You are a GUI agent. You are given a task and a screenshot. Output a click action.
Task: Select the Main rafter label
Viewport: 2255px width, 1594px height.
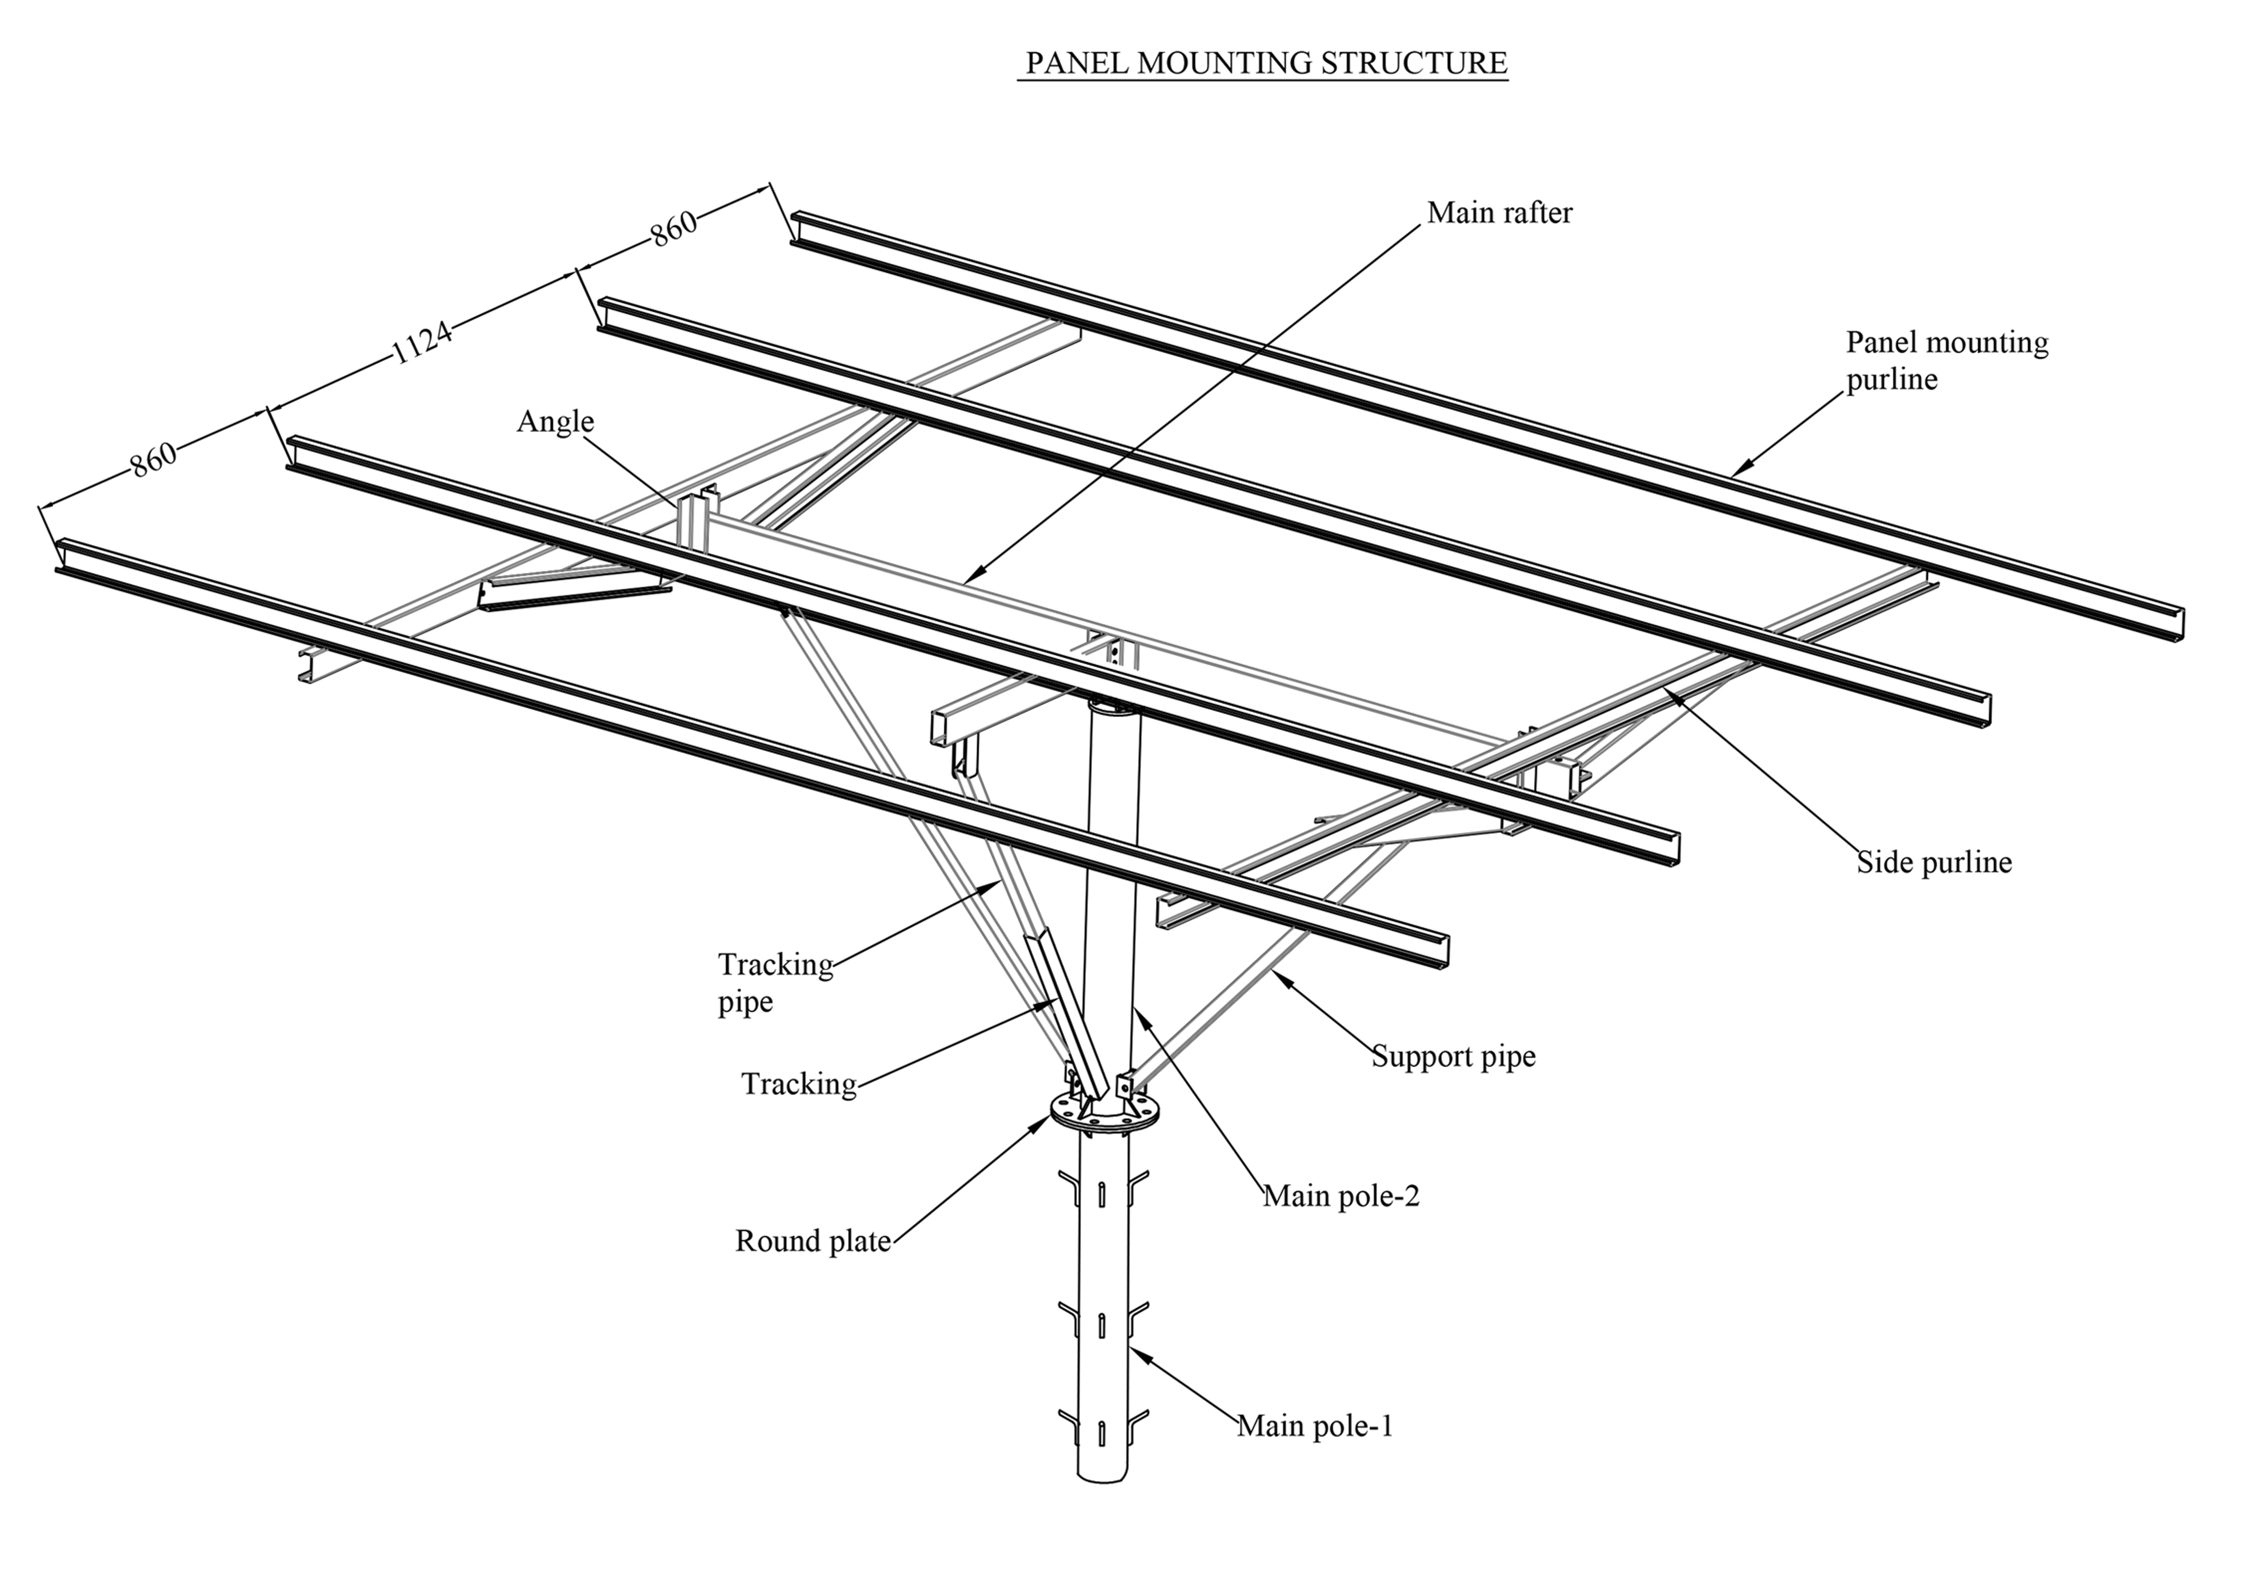click(1499, 213)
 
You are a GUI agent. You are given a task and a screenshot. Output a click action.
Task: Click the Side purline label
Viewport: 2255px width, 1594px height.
click(1933, 862)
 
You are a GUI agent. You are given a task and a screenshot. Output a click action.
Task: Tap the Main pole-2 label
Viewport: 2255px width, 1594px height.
click(1341, 1196)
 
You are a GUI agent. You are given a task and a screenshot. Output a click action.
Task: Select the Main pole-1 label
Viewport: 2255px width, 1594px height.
click(1314, 1426)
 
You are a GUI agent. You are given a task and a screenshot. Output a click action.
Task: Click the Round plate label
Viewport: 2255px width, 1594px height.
click(813, 1242)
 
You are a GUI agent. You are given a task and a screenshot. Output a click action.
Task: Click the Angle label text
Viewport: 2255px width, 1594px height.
click(555, 421)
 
